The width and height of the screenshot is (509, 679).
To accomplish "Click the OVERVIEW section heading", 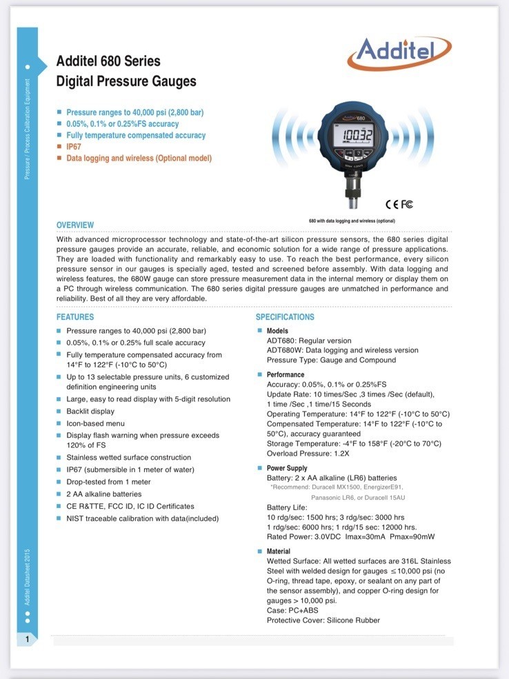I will click(75, 225).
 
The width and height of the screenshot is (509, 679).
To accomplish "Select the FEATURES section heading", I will click(75, 317).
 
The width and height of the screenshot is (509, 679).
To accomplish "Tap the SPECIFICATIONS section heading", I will click(285, 317).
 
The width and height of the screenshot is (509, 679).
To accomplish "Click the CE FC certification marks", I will click(399, 204).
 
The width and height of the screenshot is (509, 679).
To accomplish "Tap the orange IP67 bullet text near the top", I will click(75, 147).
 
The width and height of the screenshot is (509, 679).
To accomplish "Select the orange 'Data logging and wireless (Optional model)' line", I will click(139, 159).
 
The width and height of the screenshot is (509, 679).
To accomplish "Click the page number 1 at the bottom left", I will click(27, 640).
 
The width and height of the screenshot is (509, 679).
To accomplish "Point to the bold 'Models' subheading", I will click(277, 331).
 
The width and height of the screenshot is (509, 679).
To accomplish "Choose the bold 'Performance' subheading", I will click(286, 375).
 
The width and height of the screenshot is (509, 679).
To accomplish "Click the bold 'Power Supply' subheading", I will click(287, 468).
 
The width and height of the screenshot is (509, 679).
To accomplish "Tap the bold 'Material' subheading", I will click(279, 551).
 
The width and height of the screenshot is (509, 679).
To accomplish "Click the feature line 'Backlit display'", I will click(90, 412).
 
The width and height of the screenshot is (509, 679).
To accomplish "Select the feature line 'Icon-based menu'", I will click(95, 423).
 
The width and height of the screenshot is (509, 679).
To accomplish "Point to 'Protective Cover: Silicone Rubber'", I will click(323, 620).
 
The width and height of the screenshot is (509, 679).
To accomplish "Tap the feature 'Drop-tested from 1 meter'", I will click(108, 482).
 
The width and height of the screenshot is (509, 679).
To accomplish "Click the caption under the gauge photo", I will click(352, 221).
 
